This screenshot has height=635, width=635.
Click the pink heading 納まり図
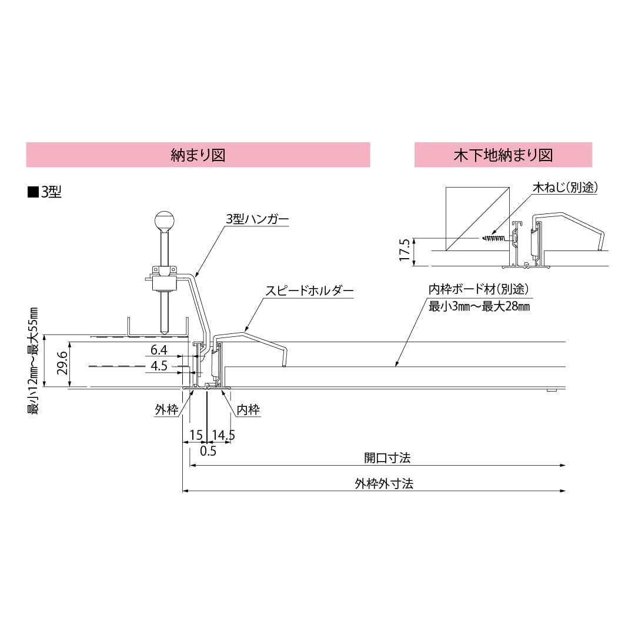click(198, 155)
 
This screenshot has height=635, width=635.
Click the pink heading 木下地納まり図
click(503, 155)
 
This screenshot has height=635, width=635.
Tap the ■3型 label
click(45, 192)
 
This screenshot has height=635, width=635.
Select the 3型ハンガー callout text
click(258, 219)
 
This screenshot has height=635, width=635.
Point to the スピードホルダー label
click(309, 290)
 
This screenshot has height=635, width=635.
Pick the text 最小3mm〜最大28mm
click(479, 306)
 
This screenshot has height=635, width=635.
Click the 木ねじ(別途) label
click(565, 188)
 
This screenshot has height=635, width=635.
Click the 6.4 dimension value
click(159, 350)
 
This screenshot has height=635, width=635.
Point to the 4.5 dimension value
click(159, 366)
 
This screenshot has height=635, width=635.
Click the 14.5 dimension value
click(223, 435)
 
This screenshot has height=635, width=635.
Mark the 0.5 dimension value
click(208, 451)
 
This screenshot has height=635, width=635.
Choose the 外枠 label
click(166, 410)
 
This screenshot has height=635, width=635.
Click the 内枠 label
click(248, 410)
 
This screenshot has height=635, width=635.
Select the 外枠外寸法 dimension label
click(383, 483)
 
